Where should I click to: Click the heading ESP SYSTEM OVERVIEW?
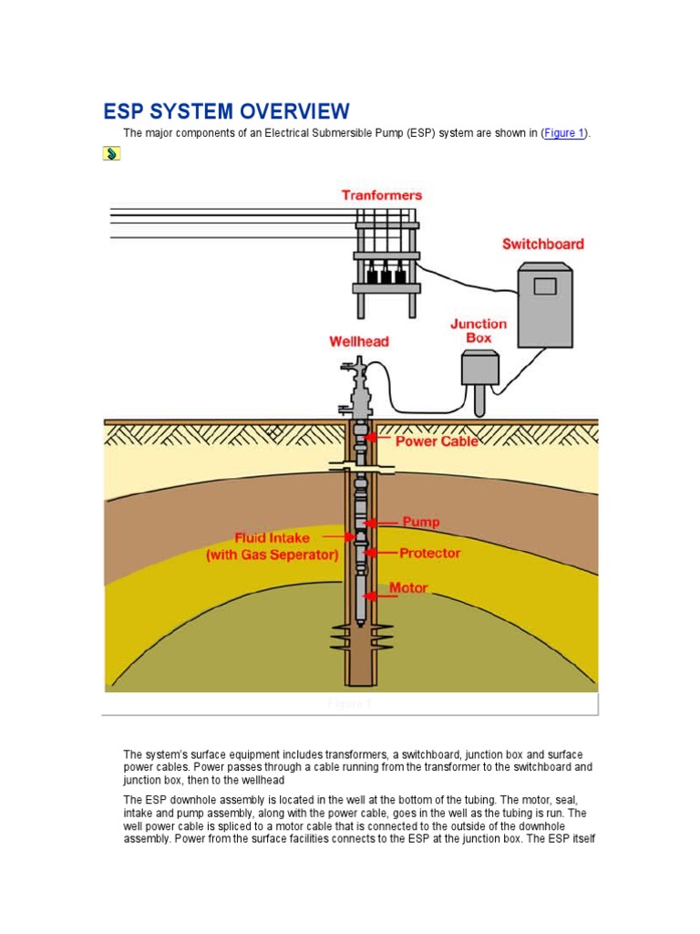click(x=226, y=111)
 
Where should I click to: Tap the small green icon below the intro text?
click(x=110, y=153)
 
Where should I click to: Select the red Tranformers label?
click(x=382, y=195)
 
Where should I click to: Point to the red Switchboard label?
click(x=543, y=244)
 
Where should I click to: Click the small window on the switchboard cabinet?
click(x=544, y=286)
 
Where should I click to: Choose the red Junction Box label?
click(x=479, y=330)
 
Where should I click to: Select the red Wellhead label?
click(x=358, y=342)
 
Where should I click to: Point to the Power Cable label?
click(x=436, y=441)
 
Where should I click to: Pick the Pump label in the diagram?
click(x=420, y=522)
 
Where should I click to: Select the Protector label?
click(x=429, y=553)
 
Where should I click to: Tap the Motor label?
click(x=408, y=588)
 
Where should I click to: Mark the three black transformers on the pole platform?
click(x=386, y=274)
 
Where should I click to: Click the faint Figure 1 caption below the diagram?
click(x=350, y=704)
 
